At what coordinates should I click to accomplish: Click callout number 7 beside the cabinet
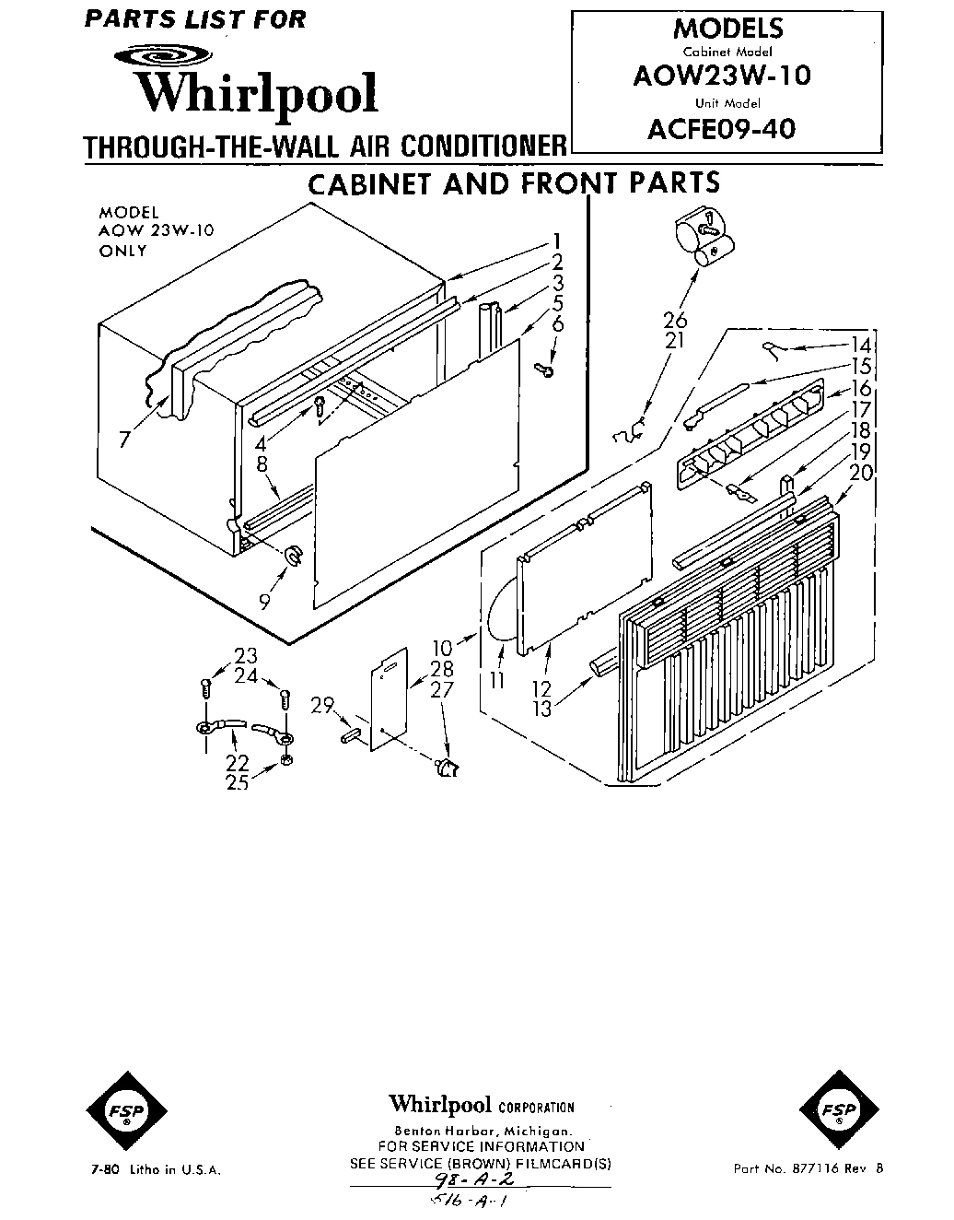coord(124,440)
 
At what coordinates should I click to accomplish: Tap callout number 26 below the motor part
coord(675,320)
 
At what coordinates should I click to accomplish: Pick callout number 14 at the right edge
coord(861,347)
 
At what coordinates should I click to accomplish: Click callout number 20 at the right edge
coord(861,473)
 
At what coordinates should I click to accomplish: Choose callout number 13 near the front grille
coord(541,708)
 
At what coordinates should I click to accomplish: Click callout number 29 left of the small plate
coord(321,705)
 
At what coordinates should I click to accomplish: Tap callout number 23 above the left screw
coord(245,656)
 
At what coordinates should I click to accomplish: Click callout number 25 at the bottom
coord(237,783)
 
